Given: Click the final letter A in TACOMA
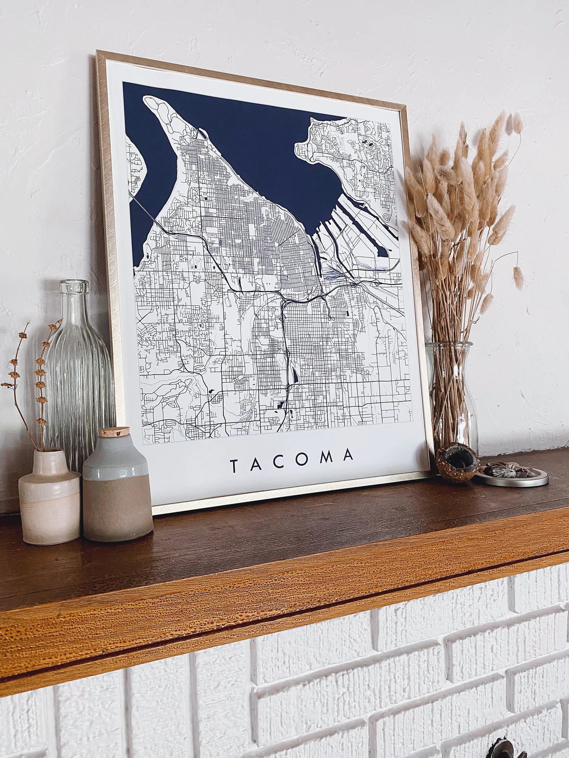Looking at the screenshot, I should click(x=348, y=455).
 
